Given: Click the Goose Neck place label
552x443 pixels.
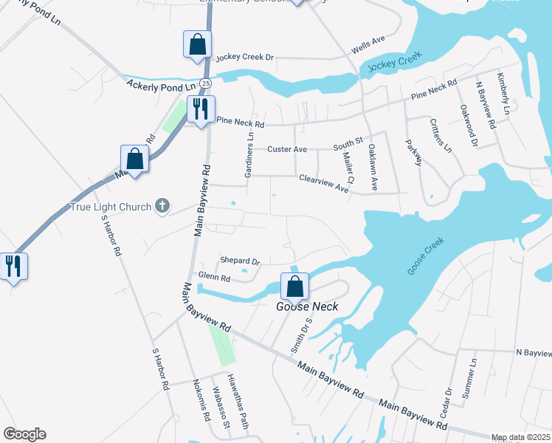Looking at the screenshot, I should pos(296,307).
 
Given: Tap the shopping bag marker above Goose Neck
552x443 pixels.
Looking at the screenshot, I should pos(294,287).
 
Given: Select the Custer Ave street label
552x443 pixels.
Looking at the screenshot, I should pos(287,149).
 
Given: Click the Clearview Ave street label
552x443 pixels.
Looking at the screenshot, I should pos(324,183).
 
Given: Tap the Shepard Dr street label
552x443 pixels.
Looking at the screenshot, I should pos(241,261).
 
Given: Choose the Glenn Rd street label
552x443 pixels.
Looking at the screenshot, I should pos(215,279).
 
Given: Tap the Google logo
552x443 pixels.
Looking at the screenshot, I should pos(24,434).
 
